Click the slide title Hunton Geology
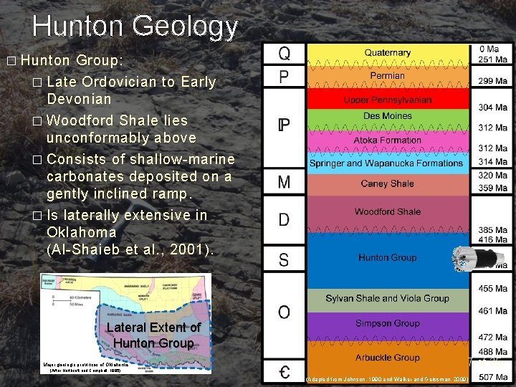click(x=135, y=27)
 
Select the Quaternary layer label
click(x=387, y=52)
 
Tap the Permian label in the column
click(x=387, y=75)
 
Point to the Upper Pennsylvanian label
click(x=387, y=100)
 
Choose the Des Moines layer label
click(x=387, y=116)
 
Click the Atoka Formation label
click(x=387, y=140)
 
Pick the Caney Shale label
click(x=387, y=183)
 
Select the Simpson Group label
click(x=387, y=323)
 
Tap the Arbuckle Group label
click(x=387, y=358)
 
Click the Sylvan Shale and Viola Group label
click(x=387, y=298)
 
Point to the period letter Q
click(x=285, y=54)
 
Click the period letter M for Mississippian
click(x=285, y=183)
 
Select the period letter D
click(x=285, y=220)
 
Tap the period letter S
click(x=285, y=259)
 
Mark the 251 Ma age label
click(x=492, y=59)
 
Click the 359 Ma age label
click(x=492, y=188)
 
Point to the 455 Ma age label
click(x=492, y=288)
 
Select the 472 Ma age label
click(x=492, y=337)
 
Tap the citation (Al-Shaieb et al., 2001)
click(x=130, y=250)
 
